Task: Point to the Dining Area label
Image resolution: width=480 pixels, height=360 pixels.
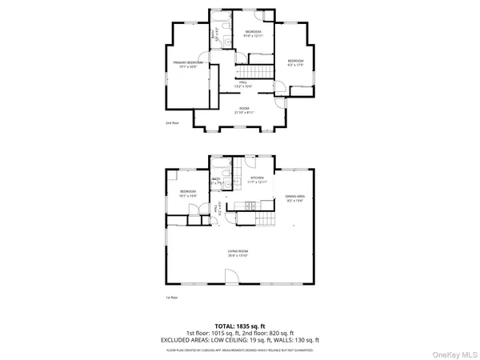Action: click(x=295, y=198)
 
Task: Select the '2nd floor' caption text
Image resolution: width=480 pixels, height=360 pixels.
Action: click(x=171, y=124)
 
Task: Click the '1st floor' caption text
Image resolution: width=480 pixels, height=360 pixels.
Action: click(x=171, y=297)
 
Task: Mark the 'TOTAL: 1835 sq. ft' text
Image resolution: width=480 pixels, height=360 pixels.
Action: click(x=239, y=326)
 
